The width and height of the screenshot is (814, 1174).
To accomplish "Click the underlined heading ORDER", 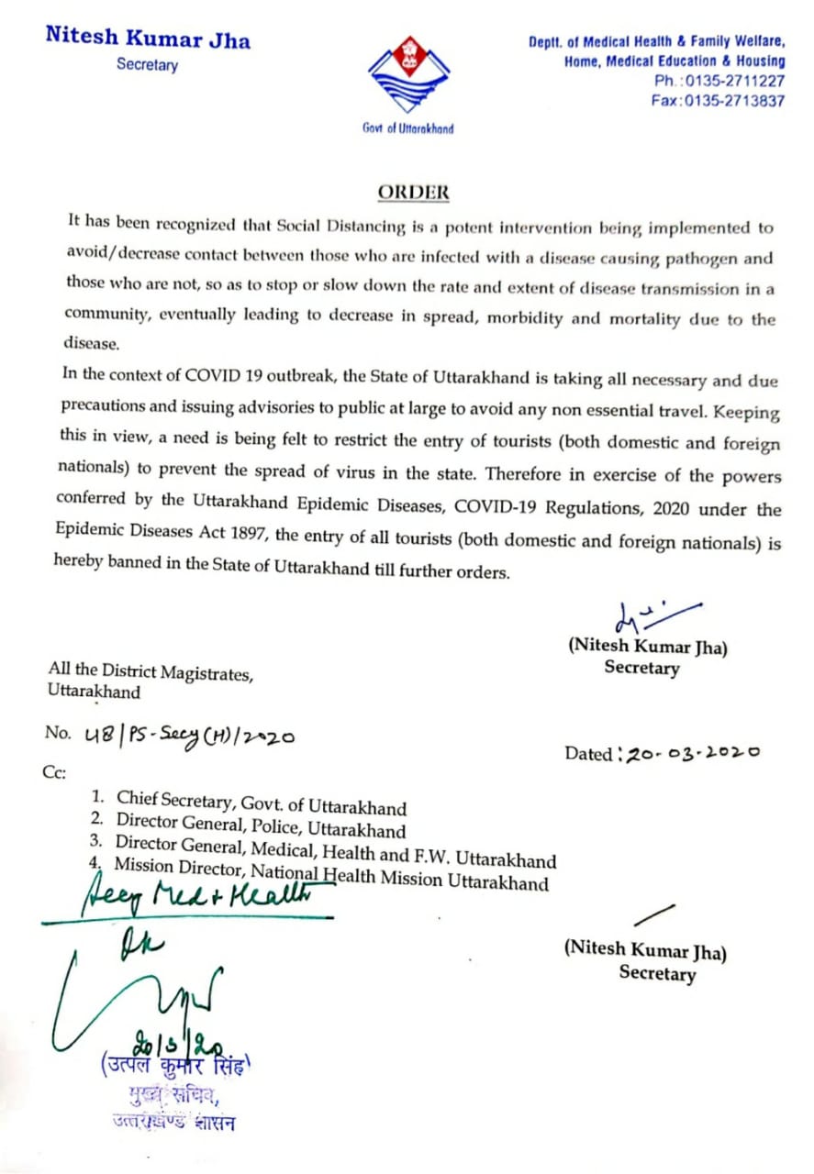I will click(414, 193).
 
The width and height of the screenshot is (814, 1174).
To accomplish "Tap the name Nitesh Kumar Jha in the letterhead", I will click(148, 39).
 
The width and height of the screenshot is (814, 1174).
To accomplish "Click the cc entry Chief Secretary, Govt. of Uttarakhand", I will click(262, 803).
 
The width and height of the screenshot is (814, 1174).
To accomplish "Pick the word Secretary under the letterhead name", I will click(147, 65).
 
